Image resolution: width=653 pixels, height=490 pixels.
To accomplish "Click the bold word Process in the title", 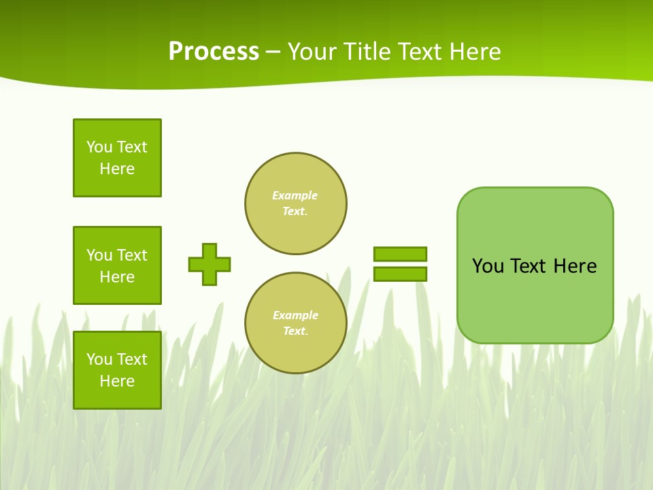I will click(x=214, y=52).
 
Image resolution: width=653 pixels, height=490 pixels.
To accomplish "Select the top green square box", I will click(x=117, y=158).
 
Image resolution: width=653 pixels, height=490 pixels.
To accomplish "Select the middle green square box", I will click(x=117, y=265).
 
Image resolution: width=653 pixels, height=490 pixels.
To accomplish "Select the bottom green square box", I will click(x=117, y=370).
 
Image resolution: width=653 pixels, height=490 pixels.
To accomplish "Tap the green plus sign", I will click(x=210, y=264).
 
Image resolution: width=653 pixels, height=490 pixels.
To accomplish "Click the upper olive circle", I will click(x=296, y=203).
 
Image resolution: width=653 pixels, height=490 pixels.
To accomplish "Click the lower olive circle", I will click(x=296, y=323).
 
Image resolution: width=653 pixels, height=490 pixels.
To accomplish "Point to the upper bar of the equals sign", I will click(x=400, y=254).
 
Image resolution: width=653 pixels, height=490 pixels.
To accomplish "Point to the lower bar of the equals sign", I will click(x=400, y=274).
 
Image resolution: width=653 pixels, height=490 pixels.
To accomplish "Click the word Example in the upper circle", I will click(x=295, y=195).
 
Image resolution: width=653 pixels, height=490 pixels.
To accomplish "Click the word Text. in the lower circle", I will click(x=295, y=331).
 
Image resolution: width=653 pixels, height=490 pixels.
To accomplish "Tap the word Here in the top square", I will click(x=117, y=169).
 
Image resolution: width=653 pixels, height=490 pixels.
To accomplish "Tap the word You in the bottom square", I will click(x=99, y=359).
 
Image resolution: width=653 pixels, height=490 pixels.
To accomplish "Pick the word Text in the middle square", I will click(x=131, y=255).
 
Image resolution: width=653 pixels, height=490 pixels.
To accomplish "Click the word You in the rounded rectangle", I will click(x=488, y=266).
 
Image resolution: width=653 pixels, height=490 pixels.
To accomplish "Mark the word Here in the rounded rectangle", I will click(x=575, y=266).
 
